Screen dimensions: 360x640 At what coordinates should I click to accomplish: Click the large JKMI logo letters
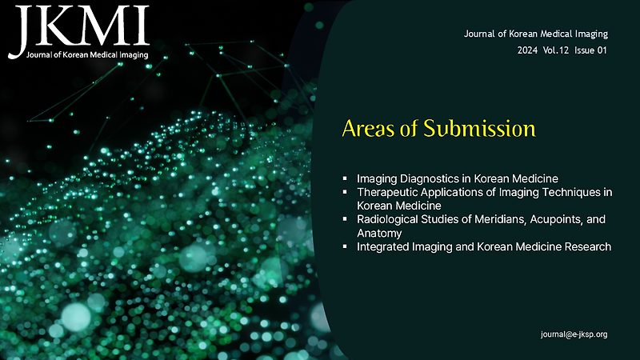[x=78, y=26]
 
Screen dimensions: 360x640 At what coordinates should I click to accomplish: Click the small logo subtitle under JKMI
[x=86, y=55]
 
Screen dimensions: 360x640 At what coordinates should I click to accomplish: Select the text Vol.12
[x=559, y=50]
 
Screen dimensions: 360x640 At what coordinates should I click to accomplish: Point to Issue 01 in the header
[x=591, y=50]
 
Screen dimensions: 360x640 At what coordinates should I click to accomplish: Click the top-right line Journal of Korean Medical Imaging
[x=536, y=34]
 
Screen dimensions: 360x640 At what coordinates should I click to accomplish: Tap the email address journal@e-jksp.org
[x=574, y=334]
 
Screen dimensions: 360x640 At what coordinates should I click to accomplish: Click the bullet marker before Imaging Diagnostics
[x=344, y=178]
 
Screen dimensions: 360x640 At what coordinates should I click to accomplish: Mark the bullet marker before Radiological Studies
[x=344, y=219]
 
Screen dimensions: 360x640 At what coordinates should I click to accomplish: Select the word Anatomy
[x=378, y=233]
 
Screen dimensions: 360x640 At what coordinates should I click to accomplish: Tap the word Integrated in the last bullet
[x=384, y=247]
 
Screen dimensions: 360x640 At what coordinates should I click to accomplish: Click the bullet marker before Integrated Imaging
[x=344, y=247]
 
